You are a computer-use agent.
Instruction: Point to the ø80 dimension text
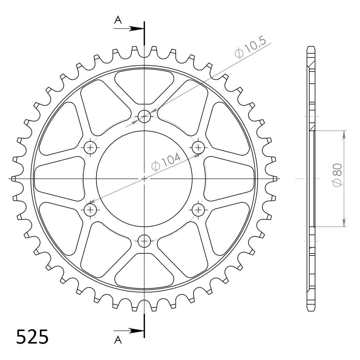coord(337,175)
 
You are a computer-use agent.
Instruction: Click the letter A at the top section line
coord(118,20)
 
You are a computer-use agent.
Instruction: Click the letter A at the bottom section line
coord(118,340)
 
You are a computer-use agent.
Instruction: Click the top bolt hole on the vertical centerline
coord(144,116)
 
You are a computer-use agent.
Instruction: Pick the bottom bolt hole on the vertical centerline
coord(144,241)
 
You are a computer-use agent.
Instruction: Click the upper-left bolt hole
coord(90,147)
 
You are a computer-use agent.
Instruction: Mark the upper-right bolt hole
coord(199,147)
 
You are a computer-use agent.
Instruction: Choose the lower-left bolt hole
coord(90,210)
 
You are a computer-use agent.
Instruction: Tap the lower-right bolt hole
coord(199,210)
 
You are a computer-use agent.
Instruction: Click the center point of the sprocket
coord(144,178)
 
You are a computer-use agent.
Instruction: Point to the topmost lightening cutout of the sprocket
coord(144,85)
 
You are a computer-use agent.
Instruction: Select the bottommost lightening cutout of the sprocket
coord(144,272)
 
